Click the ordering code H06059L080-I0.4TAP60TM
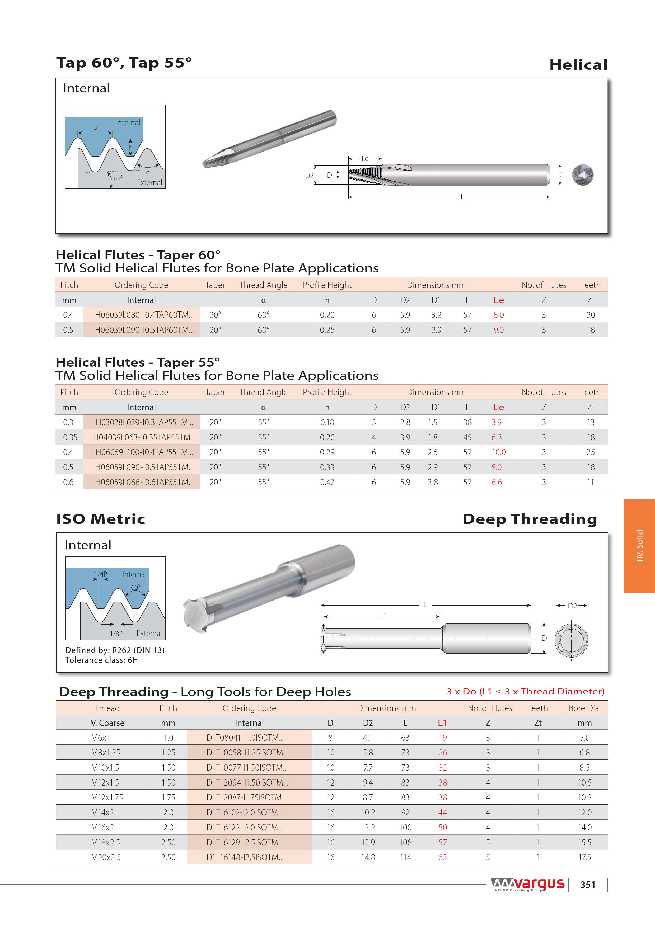pos(144,315)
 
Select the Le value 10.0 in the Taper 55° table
pos(498,452)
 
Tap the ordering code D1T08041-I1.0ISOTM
pos(245,738)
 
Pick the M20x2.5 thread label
pos(106,857)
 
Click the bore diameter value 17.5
pos(584,857)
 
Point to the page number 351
pos(588,885)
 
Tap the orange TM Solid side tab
pos(639,546)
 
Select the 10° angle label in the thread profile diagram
pos(118,179)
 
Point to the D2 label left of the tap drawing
pos(309,175)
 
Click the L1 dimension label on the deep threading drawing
pos(382,616)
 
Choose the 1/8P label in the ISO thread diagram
pos(116,634)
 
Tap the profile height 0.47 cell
pos(327,482)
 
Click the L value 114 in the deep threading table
pos(405,857)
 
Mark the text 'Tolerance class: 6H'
pos(102,660)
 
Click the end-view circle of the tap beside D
pos(583,175)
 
